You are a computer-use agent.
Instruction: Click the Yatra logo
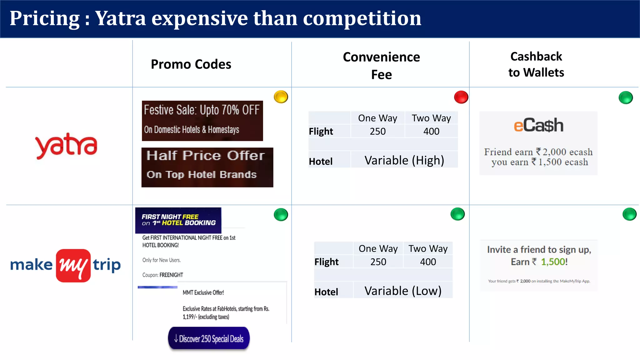[x=66, y=146]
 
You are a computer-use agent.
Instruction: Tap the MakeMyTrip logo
[x=66, y=265]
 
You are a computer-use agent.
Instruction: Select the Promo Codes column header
[x=191, y=64]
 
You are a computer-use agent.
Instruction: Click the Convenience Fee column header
[x=381, y=66]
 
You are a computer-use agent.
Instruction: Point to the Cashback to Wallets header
[x=536, y=64]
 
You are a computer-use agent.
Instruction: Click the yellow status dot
[x=281, y=97]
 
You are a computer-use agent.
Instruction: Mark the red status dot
[x=461, y=97]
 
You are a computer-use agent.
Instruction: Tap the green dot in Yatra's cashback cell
[x=626, y=97]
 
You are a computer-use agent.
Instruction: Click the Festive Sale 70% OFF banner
[x=202, y=121]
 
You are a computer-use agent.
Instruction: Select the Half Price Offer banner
[x=207, y=167]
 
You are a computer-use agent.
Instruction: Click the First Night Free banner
[x=178, y=220]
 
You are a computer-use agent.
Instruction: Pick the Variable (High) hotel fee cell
[x=404, y=160]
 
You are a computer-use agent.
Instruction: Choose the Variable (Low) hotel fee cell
[x=403, y=291]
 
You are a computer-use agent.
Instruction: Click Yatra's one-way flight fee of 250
[x=377, y=131]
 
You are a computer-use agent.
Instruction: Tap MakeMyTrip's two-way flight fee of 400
[x=428, y=262]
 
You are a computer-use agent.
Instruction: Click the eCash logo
[x=538, y=126]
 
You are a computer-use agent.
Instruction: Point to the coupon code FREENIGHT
[x=171, y=275]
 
